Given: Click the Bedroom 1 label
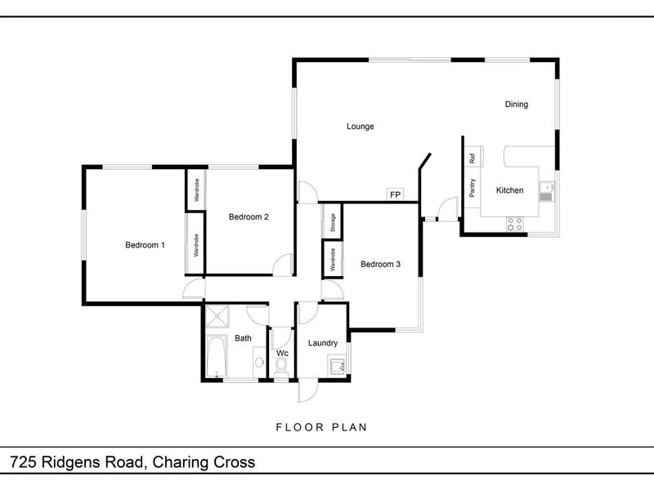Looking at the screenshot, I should coord(145,245).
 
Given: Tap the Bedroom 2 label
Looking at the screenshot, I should coord(249,216).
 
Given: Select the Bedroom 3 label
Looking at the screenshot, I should coord(380,264).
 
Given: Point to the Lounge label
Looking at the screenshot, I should coord(360,127).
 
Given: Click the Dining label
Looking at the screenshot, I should coord(516,105).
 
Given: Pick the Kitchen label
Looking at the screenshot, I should coord(509,190).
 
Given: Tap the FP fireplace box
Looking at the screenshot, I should coord(396,194).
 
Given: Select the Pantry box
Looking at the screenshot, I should coord(473,188).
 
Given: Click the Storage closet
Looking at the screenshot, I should coord(333,223).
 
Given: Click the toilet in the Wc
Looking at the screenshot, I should coord(282,370).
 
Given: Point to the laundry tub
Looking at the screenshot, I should coord(335,366).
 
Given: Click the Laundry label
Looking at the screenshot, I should coord(323,343).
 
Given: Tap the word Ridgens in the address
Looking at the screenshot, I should coord(83,462).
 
